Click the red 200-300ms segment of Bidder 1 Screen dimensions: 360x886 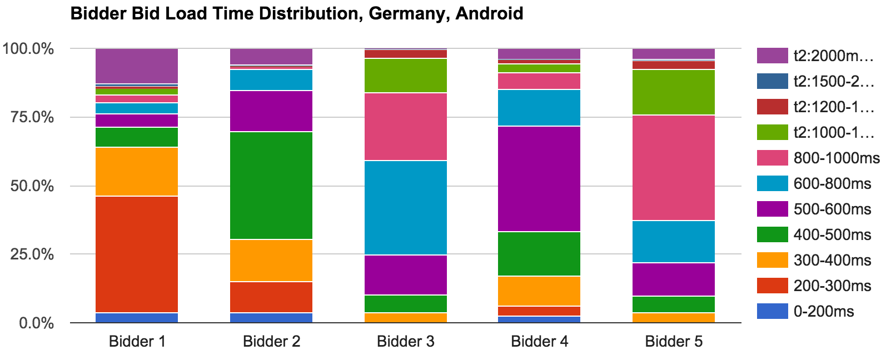[x=137, y=254]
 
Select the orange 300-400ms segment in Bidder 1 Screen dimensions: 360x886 [x=137, y=172]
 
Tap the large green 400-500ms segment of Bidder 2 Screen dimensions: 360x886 [x=271, y=186]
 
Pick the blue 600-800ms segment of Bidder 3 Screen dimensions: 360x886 [x=406, y=208]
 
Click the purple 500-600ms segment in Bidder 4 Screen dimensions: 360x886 [x=540, y=179]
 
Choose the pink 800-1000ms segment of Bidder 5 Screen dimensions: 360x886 [x=674, y=168]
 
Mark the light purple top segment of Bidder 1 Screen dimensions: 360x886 [x=137, y=66]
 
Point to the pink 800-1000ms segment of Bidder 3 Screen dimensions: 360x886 [x=406, y=127]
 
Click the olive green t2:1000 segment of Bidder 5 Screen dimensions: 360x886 [x=674, y=92]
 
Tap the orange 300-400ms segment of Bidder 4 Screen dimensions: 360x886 [x=540, y=291]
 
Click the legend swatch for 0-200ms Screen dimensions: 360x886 [x=772, y=312]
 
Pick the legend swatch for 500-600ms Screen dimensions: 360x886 [x=772, y=209]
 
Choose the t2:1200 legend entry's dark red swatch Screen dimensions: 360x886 [x=772, y=107]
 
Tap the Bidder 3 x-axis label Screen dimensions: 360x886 [x=406, y=341]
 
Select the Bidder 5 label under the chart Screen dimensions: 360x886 [x=674, y=341]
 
